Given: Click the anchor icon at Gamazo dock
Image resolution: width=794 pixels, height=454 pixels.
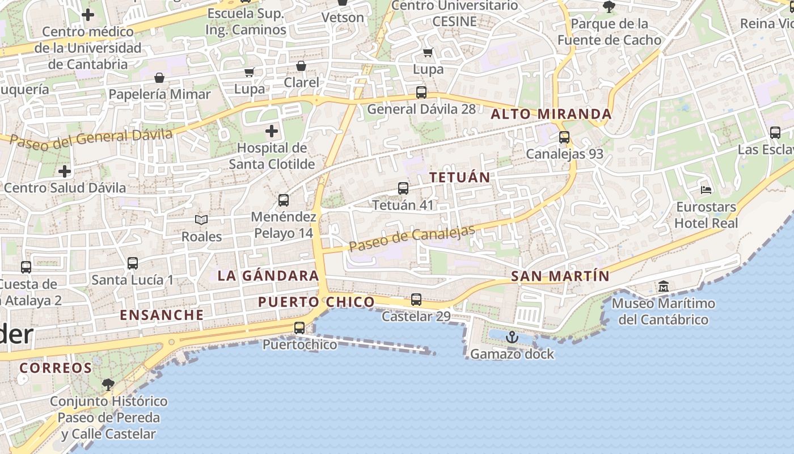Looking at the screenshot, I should [x=512, y=337].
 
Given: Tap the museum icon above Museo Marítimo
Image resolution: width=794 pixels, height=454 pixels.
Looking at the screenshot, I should [x=664, y=287].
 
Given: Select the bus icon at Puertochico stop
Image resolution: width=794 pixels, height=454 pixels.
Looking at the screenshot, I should [x=299, y=327].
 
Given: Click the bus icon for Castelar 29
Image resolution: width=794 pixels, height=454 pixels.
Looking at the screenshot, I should [x=416, y=299].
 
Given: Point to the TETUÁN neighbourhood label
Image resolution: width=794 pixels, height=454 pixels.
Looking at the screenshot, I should [x=459, y=177].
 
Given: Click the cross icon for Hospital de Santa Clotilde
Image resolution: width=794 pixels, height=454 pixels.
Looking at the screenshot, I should [x=272, y=131].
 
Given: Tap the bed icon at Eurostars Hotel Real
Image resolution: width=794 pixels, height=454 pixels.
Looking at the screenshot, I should [x=706, y=190].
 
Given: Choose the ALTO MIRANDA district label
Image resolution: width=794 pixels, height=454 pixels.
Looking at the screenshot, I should [x=551, y=114].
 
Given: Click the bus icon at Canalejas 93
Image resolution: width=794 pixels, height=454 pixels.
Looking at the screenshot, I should [x=564, y=137].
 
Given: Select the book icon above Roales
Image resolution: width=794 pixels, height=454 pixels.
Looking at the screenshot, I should [x=201, y=220].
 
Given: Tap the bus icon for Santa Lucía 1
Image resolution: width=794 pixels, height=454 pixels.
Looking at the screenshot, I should [x=133, y=263].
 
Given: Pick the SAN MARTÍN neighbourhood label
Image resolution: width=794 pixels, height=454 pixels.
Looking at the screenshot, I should [x=560, y=276].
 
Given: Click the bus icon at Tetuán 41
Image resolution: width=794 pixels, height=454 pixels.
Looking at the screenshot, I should [x=403, y=188].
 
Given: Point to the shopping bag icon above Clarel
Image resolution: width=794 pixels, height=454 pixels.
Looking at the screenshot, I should [x=301, y=66].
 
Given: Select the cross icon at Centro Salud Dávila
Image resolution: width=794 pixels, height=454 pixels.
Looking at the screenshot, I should [x=65, y=171].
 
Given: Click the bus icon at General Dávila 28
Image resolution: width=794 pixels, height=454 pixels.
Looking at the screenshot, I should [x=421, y=92].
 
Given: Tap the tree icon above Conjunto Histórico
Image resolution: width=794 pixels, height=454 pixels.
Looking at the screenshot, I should [x=108, y=385].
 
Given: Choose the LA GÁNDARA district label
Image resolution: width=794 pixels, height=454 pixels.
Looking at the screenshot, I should [x=268, y=276].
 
